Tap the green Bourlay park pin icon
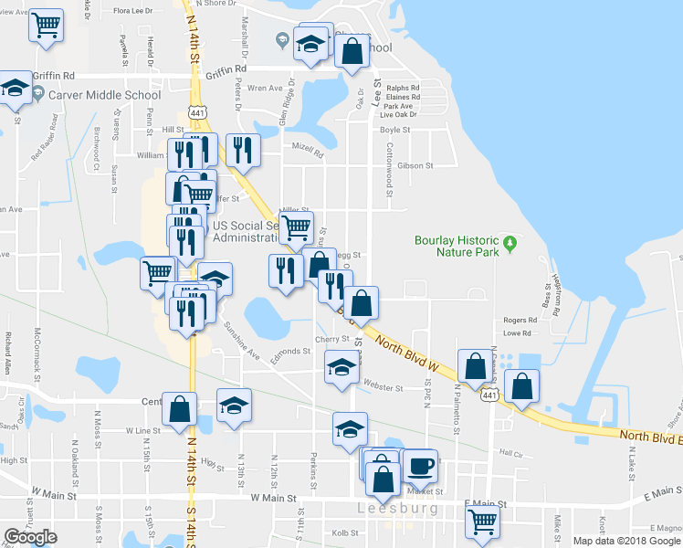511,245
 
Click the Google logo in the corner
31,537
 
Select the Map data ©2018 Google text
626,541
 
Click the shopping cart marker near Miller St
296,227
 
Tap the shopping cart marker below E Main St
482,522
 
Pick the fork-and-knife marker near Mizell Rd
242,150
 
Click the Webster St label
383,388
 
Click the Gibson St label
415,166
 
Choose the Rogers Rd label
520,321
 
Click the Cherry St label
327,339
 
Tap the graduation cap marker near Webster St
341,367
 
